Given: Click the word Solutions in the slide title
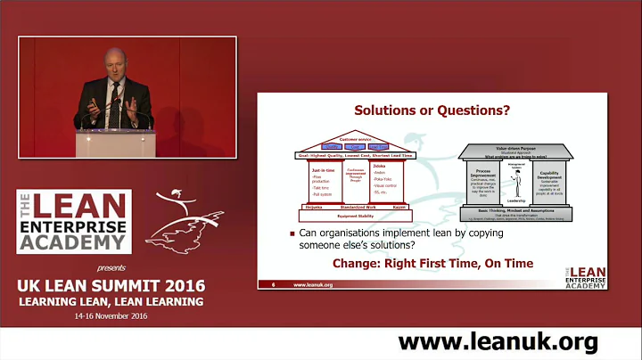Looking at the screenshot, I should [x=386, y=111].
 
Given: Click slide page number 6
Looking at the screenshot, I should [x=271, y=284].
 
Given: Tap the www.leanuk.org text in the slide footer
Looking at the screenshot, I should [x=313, y=284].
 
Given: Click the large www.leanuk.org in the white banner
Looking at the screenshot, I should [x=498, y=341].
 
